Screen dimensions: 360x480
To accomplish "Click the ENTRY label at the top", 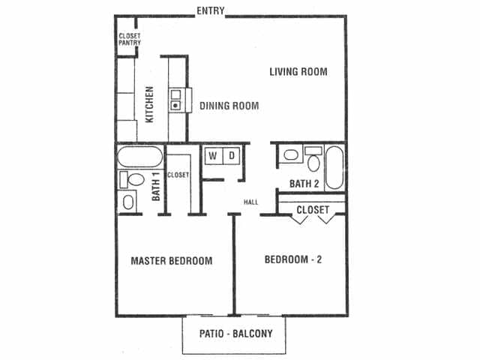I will tap(210, 10).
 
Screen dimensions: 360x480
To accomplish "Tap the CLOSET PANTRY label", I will tap(130, 38).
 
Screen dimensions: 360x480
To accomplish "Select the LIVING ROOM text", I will tap(298, 72).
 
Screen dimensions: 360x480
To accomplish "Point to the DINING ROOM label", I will tap(229, 106).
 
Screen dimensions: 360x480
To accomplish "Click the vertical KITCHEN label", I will tap(149, 103).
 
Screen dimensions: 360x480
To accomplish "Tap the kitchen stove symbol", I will tap(176, 100).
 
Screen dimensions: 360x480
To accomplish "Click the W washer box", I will tap(212, 156).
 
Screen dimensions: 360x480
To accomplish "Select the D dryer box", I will tap(232, 156).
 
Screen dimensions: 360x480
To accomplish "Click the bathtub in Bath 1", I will tap(139, 158).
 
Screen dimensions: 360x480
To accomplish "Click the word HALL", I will tap(251, 201).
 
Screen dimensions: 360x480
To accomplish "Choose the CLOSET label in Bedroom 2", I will tap(312, 210).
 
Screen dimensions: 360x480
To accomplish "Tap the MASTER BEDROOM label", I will tap(172, 261).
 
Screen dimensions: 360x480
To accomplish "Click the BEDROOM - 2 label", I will tap(294, 260).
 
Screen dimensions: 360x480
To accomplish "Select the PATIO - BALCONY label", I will tap(235, 334).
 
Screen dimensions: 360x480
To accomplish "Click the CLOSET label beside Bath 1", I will tap(178, 175).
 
